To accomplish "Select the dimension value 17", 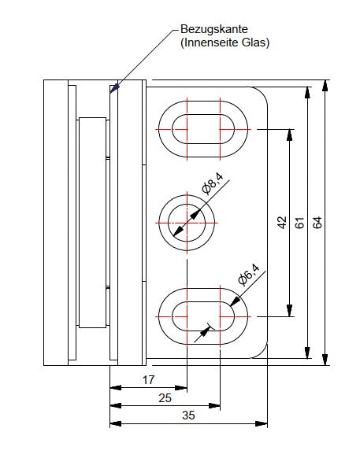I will pos(147,380).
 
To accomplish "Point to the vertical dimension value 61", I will pos(299,223).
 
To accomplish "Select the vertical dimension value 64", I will pos(317,223).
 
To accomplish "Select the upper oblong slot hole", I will pos(204,127).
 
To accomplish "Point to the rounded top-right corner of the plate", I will pos(262,94).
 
